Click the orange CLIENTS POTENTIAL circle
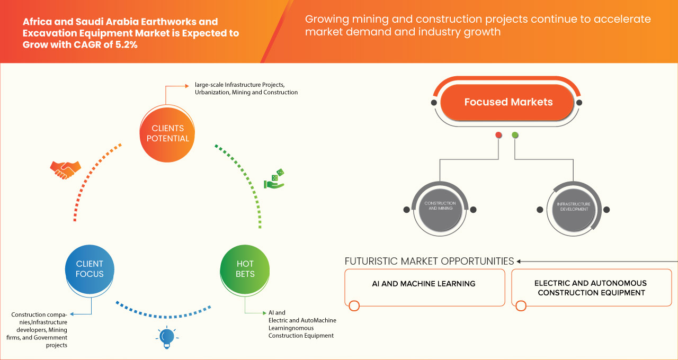pos(167,133)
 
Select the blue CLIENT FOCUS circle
pos(90,269)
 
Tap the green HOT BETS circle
pos(245,269)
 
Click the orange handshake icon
pos(65,169)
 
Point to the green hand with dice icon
pos(274,179)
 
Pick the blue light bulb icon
pos(167,337)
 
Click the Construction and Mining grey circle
pos(440,206)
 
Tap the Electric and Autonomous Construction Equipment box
pos(590,287)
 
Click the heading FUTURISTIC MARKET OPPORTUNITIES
pos(429,261)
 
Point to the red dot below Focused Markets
pos(498,135)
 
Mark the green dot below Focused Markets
pos(515,135)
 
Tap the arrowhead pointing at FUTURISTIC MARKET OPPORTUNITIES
pos(519,261)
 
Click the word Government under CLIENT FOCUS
pos(50,338)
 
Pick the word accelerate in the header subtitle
pos(617,20)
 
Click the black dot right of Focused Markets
pos(579,102)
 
